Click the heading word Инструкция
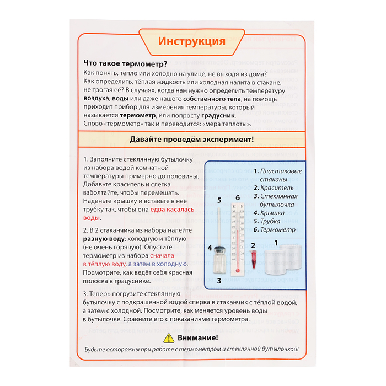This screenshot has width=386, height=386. tap(192, 42)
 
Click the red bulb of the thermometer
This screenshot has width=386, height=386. tap(237, 270)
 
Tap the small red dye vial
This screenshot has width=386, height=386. tap(254, 259)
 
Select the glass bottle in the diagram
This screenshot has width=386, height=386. tap(219, 264)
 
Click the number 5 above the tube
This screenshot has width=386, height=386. tap(219, 200)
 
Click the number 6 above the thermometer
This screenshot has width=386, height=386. tap(238, 198)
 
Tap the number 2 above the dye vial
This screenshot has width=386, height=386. tap(253, 245)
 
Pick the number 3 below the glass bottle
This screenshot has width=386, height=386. tap(219, 281)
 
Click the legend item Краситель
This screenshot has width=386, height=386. tap(277, 188)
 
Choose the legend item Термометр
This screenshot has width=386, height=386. tap(278, 229)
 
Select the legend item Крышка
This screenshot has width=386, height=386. tap(274, 213)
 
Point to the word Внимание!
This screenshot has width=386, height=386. tap(199, 337)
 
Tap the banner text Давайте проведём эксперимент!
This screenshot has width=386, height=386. tap(191, 140)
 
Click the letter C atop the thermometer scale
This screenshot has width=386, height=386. tap(234, 207)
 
